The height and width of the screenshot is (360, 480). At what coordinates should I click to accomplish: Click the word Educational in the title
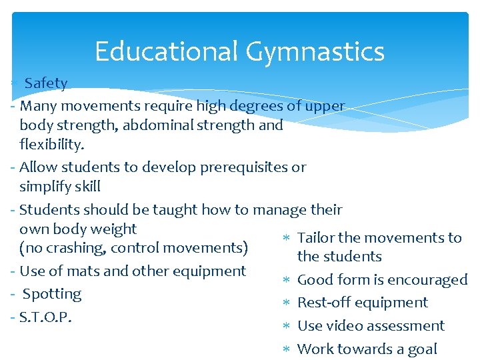click(x=166, y=51)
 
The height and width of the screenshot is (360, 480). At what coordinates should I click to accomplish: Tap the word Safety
click(x=46, y=83)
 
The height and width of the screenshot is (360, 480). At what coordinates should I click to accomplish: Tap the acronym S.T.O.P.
click(x=45, y=317)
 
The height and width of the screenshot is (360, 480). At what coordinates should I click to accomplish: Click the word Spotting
click(x=52, y=294)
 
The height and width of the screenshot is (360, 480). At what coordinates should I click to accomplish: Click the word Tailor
click(x=317, y=237)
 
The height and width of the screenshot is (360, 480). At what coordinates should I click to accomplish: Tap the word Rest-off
click(x=323, y=303)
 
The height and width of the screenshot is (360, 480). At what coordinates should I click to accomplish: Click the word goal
click(x=421, y=349)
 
